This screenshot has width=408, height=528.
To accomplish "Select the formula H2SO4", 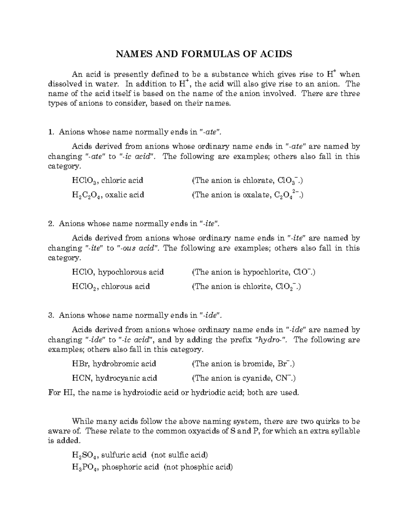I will click(85, 455).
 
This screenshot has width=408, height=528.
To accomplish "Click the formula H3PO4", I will click(85, 467).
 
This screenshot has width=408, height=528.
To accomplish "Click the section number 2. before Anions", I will click(51, 224).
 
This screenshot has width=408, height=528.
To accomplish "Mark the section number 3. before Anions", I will click(51, 315).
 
